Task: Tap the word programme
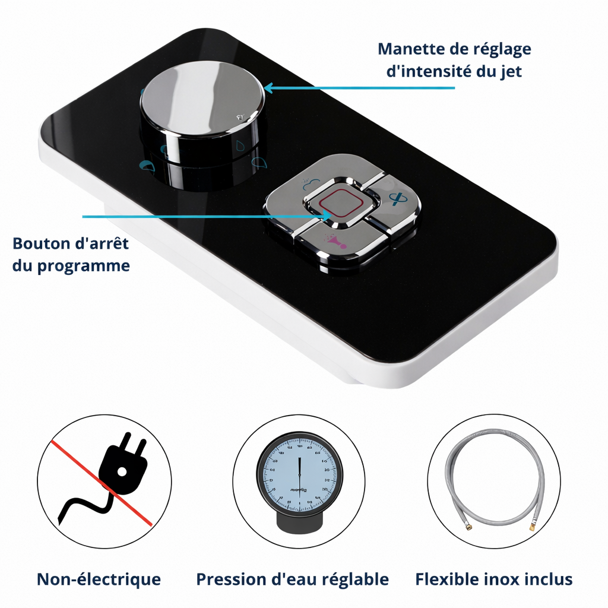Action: click(x=84, y=266)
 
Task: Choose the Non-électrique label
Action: click(x=99, y=579)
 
